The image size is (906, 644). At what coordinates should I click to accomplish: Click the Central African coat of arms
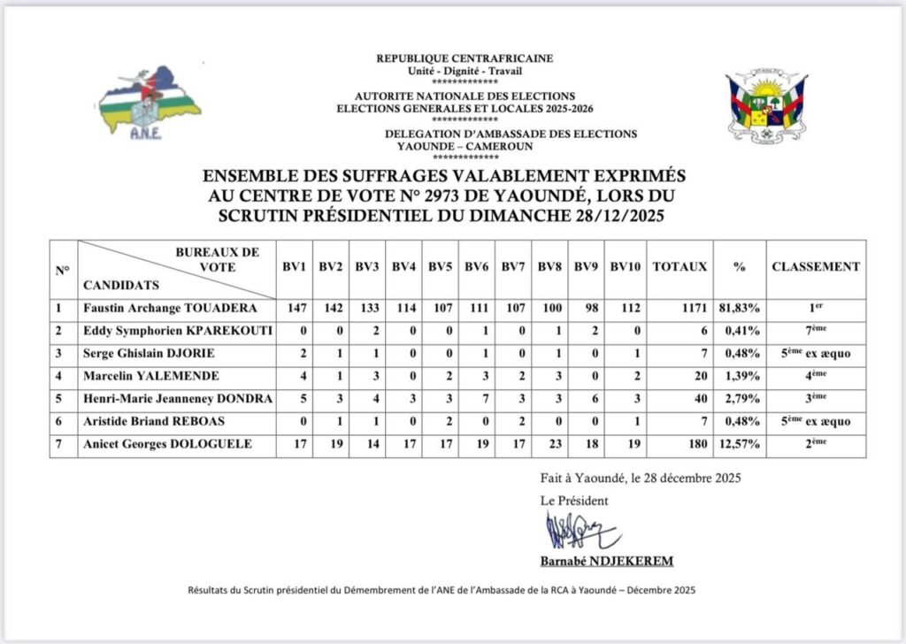pyautogui.click(x=766, y=108)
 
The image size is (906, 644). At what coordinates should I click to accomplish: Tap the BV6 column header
pyautogui.click(x=476, y=266)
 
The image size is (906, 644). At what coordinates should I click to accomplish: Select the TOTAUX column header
pyautogui.click(x=679, y=266)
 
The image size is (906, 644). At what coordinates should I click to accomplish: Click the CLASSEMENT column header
pyautogui.click(x=815, y=266)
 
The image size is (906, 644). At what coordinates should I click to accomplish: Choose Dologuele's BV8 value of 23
pyautogui.click(x=549, y=444)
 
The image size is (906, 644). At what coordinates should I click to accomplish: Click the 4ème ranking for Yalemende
pyautogui.click(x=815, y=376)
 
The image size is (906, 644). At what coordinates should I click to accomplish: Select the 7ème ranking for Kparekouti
pyautogui.click(x=815, y=331)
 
